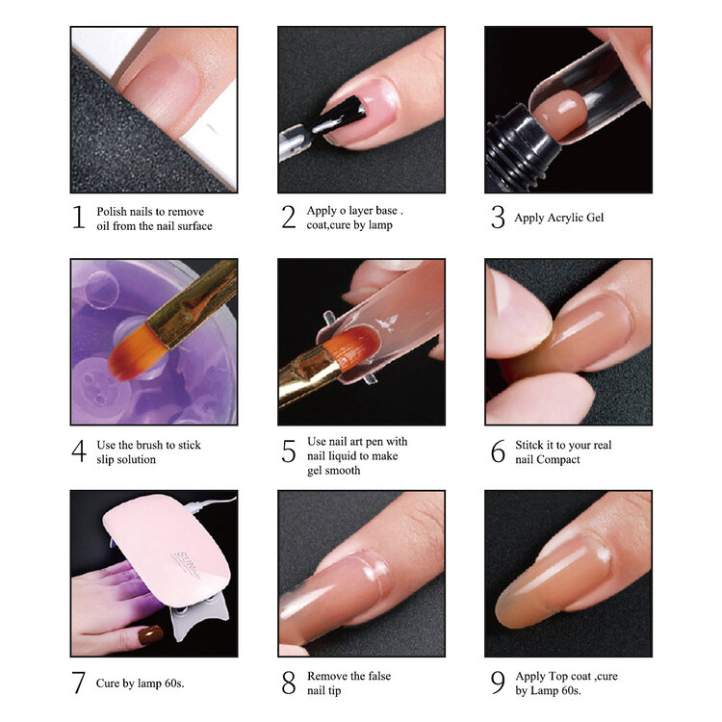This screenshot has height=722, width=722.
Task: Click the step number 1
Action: click(x=79, y=218)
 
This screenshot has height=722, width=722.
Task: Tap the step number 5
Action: click(x=288, y=451)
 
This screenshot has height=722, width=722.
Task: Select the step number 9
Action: click(x=497, y=683)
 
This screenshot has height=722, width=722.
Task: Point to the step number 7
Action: click(x=79, y=683)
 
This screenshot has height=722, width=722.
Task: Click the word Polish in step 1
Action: click(x=112, y=212)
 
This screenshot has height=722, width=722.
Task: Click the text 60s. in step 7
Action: click(x=170, y=683)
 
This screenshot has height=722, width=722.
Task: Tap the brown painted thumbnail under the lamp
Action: click(x=150, y=636)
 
